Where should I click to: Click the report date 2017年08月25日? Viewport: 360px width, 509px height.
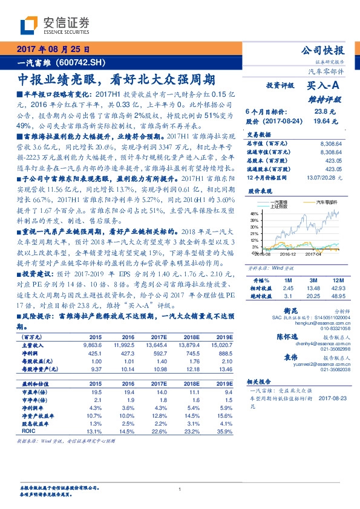tap(52, 48)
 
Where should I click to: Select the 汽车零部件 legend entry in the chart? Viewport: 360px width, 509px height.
tap(324, 201)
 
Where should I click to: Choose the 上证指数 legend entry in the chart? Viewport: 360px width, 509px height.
tap(278, 206)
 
